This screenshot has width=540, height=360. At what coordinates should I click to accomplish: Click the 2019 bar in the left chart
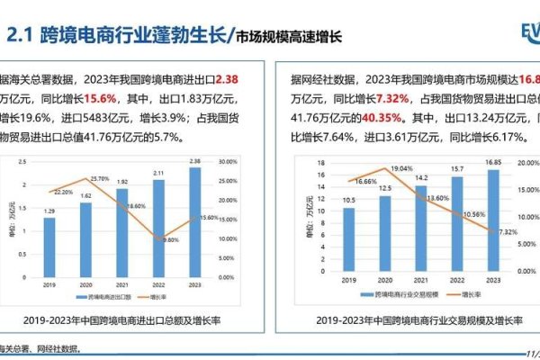[x=49, y=242]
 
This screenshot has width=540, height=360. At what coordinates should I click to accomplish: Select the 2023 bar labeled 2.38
[x=195, y=217]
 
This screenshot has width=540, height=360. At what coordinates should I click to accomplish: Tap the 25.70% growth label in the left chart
[x=100, y=179]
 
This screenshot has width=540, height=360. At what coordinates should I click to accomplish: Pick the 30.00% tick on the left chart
[x=228, y=162]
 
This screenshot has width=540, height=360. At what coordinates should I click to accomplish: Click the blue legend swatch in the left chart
[x=82, y=295]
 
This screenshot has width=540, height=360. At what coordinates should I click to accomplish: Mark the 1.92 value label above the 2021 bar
[x=122, y=181]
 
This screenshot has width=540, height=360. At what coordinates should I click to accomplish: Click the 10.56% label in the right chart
[x=473, y=215]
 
